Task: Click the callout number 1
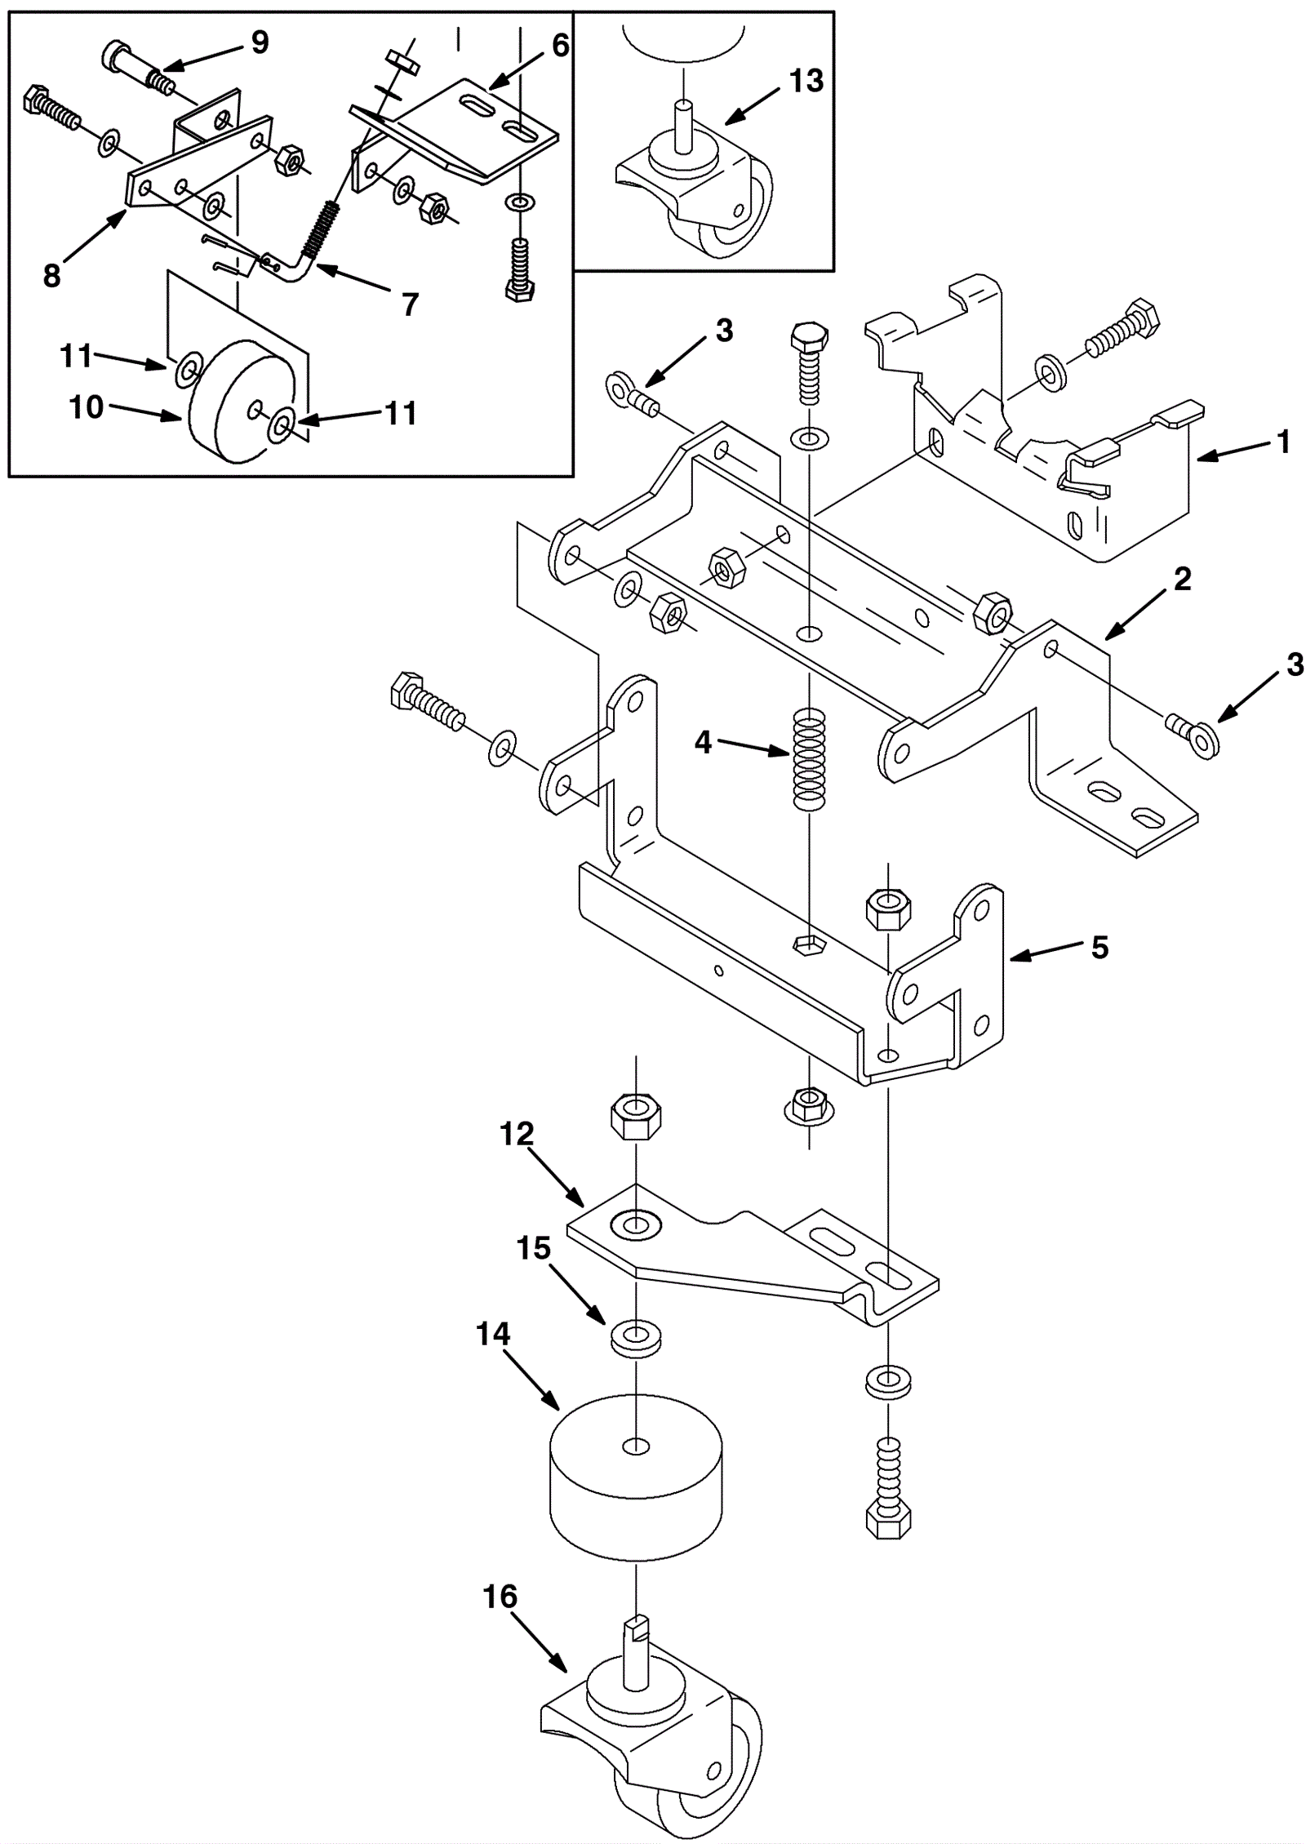(1283, 442)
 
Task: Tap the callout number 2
(1182, 579)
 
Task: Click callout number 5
(1099, 948)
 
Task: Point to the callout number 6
(560, 46)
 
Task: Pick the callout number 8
(51, 277)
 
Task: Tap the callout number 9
(260, 42)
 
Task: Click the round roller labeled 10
(242, 401)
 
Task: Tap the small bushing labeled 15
(636, 1340)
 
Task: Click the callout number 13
(806, 81)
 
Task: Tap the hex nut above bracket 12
(636, 1117)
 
